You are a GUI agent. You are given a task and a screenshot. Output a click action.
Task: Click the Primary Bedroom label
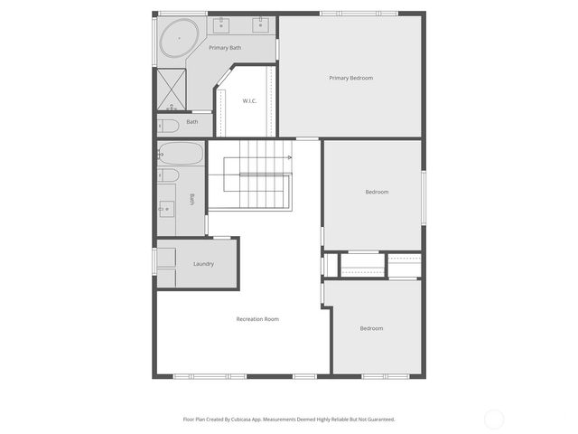pos(350,78)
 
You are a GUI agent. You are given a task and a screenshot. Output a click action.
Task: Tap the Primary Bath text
pos(225,47)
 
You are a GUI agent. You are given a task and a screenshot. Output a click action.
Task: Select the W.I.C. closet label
pos(249,100)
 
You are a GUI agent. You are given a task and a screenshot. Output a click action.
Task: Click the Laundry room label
pos(203,264)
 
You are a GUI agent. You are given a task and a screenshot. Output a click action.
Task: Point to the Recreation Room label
pos(257,318)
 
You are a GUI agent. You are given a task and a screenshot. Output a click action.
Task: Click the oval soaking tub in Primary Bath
pos(181,39)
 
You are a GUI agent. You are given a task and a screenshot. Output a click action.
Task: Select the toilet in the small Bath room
pos(168,125)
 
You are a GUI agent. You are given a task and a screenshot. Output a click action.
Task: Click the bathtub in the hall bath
pos(181,152)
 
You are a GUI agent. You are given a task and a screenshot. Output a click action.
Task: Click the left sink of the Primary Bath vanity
pos(222,20)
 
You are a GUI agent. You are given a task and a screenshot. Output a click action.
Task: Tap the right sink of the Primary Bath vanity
pos(260,20)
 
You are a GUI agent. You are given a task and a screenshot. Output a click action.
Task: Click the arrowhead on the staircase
pos(289,157)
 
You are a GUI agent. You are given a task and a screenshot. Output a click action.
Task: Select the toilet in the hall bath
pos(169,175)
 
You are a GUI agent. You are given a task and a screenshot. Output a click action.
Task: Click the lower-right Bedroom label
pos(371,328)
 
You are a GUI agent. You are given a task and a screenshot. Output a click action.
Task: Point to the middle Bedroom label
pos(377,192)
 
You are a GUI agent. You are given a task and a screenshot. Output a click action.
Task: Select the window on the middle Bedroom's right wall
pos(423,196)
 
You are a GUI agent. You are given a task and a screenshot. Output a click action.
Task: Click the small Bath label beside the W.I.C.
pos(192,121)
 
